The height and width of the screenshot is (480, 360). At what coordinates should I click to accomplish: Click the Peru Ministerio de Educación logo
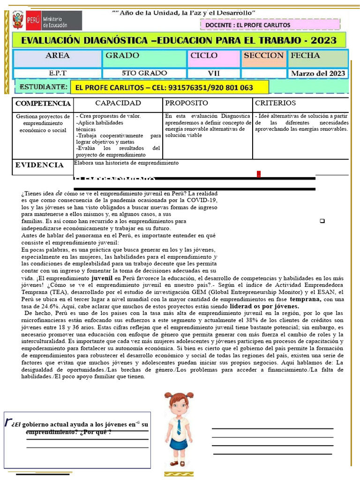46,21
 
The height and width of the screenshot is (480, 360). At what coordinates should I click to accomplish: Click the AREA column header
58,56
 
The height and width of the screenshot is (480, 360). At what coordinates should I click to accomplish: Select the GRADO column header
122,56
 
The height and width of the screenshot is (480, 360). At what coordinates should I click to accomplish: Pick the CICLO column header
204,56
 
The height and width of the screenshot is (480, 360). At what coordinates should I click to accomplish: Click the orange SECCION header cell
263,56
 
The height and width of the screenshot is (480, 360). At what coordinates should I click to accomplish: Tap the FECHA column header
306,56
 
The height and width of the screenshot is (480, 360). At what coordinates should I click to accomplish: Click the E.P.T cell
58,73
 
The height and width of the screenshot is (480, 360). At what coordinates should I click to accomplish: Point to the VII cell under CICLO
214,73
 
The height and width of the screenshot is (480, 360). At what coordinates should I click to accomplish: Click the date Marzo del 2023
318,73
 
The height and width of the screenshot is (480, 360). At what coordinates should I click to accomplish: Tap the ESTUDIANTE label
43,87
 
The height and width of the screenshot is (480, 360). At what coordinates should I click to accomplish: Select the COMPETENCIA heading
43,104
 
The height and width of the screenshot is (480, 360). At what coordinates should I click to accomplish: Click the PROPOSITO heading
187,103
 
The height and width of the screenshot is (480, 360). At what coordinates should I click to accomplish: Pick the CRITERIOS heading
275,103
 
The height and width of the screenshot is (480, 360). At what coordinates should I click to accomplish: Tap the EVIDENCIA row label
39,165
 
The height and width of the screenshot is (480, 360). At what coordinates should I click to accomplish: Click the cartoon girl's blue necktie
179,426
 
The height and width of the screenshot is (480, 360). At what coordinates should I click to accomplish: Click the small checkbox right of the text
322,221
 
